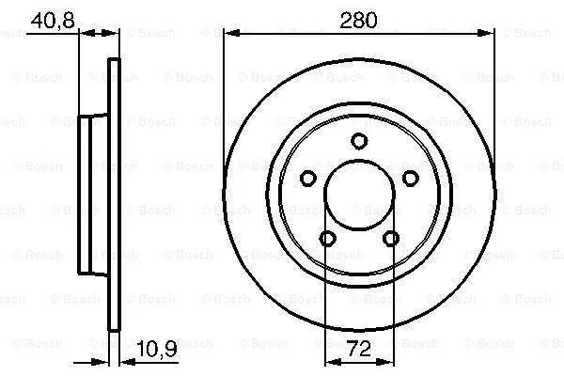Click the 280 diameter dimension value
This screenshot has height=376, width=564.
[x=359, y=20]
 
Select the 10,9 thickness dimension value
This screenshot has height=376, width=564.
[x=157, y=349]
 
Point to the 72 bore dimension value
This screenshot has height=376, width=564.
[x=359, y=349]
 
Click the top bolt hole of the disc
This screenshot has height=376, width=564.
[x=359, y=141]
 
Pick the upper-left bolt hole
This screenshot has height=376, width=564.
[x=308, y=178]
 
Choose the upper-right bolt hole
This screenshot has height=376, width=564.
[x=411, y=178]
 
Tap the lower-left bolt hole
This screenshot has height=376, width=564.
[x=328, y=238]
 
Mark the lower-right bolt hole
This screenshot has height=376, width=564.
[x=391, y=238]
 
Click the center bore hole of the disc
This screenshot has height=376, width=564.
[x=359, y=195]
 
